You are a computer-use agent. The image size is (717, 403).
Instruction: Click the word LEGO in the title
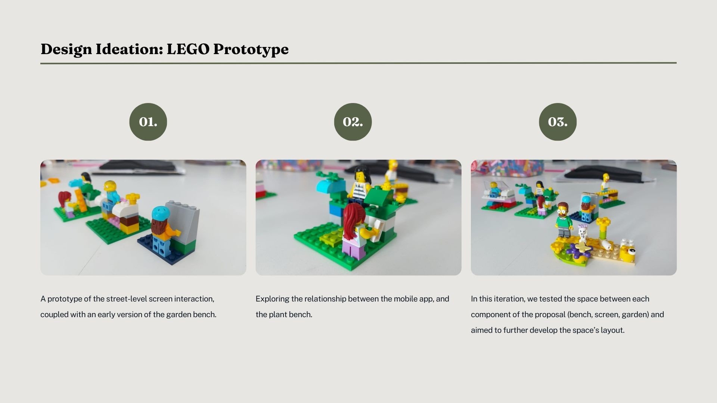188,49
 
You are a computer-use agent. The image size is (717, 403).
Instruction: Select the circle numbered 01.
148,122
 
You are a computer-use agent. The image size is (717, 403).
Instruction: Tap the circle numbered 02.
353,122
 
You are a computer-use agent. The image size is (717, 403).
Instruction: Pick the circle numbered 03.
558,122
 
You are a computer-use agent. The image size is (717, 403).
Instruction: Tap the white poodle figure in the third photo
583,234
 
